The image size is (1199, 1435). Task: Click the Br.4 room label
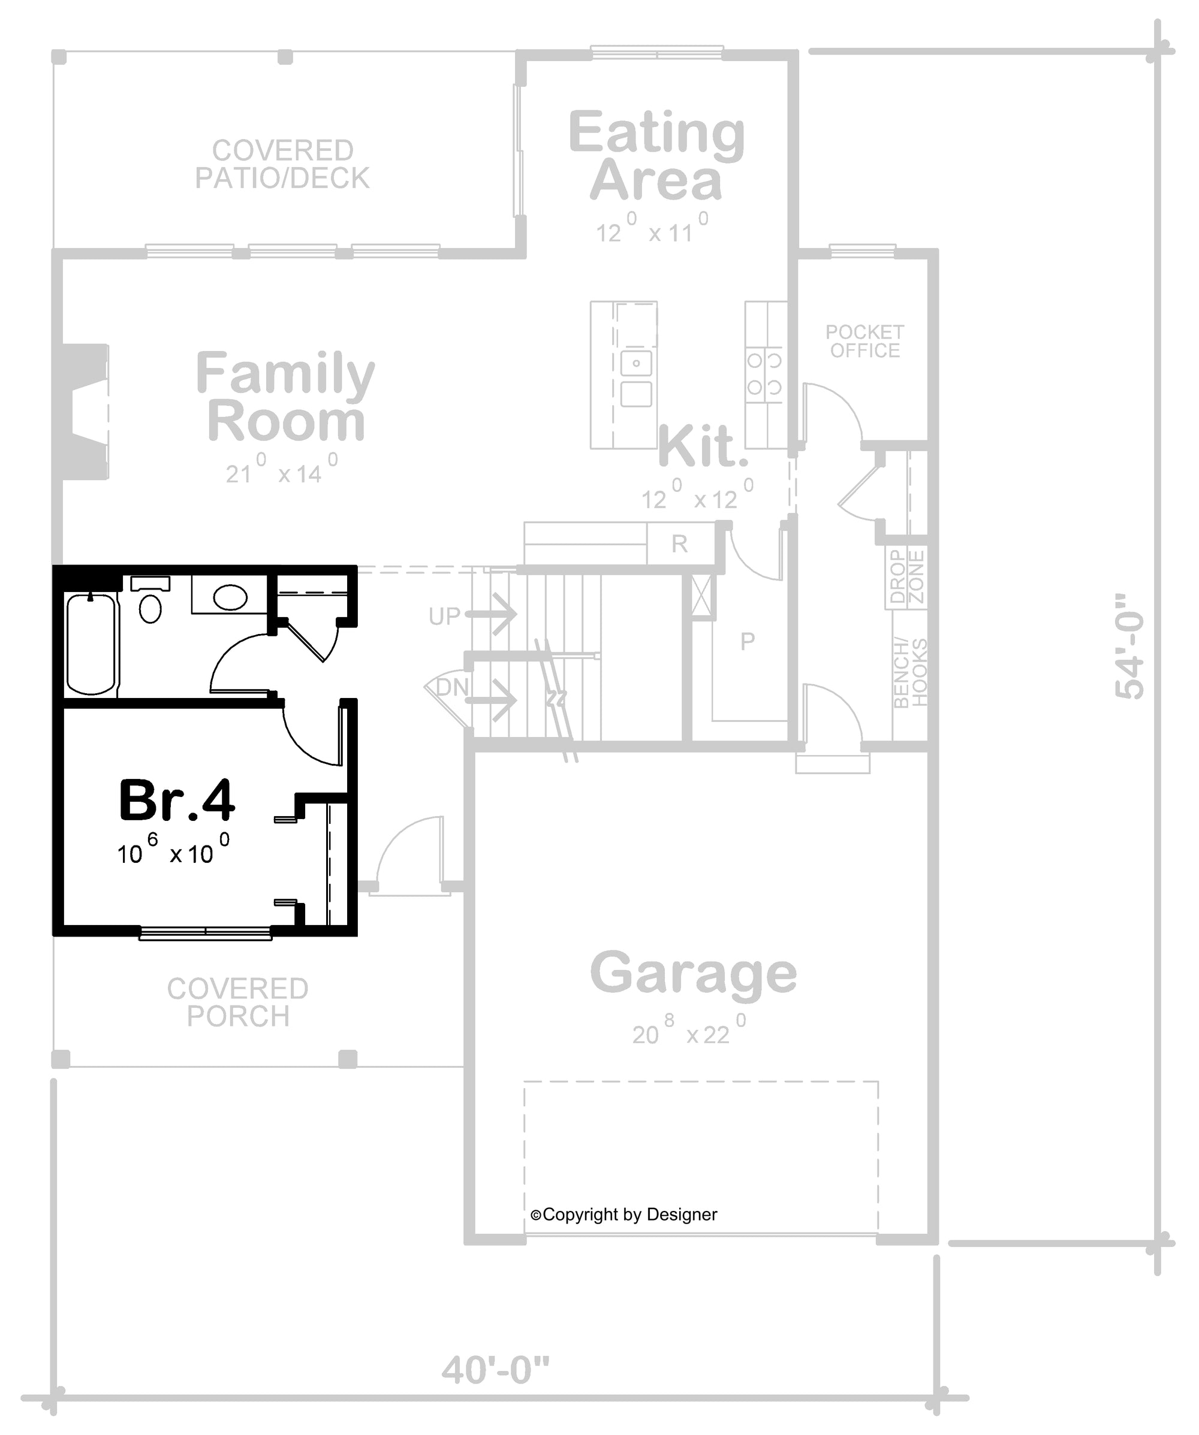coord(177,800)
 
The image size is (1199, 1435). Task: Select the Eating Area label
coord(656,156)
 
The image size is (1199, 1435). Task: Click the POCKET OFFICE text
coord(864,341)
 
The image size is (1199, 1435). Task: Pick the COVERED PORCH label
coord(238,1002)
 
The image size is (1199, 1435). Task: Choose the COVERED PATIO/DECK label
coord(282,164)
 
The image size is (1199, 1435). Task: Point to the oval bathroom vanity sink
coord(230,597)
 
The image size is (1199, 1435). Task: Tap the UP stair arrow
coord(492,614)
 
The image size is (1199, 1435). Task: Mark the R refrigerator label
coord(679,544)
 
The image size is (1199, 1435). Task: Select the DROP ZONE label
coord(906,578)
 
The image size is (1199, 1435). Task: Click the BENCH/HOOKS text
coord(911,672)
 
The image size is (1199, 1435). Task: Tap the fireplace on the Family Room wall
coord(85,412)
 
